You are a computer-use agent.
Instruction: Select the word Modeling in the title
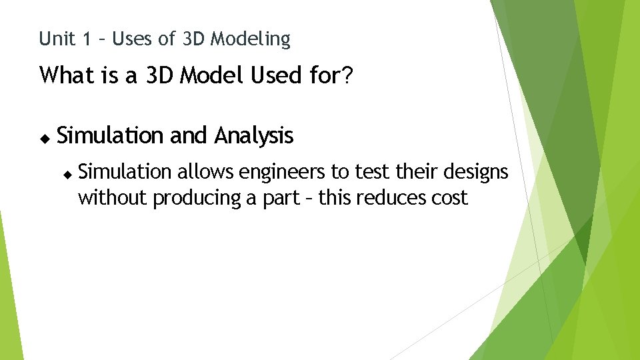(x=251, y=40)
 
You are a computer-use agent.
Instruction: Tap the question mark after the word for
(x=347, y=76)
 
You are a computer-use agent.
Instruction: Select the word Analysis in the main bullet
(x=253, y=136)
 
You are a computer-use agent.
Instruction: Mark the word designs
(x=475, y=172)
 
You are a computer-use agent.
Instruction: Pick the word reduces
(x=393, y=198)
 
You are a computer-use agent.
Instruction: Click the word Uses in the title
(x=133, y=39)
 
